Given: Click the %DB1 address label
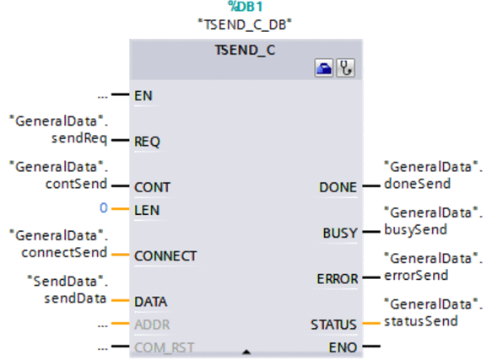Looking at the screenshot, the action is click(x=246, y=7).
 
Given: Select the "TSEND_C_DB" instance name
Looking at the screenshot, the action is click(x=245, y=24).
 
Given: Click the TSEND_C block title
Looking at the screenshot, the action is click(x=245, y=51).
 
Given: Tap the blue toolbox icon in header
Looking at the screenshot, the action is click(x=324, y=67).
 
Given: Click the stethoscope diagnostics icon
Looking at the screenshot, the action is click(x=345, y=67).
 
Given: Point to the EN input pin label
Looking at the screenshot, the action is click(x=143, y=95).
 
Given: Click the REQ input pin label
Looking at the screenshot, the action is click(x=147, y=142).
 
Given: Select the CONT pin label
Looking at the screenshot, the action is click(x=152, y=187).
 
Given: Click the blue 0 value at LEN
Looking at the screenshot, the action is click(x=104, y=208).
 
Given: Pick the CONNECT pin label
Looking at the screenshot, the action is click(x=165, y=256).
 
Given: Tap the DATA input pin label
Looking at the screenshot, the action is click(x=150, y=302).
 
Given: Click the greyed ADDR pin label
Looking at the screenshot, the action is click(x=152, y=325).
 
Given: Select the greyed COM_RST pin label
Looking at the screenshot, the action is click(x=164, y=347).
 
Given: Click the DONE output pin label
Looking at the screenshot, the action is click(x=338, y=187).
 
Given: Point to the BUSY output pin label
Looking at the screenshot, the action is click(x=340, y=234).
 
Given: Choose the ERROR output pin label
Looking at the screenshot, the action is click(x=338, y=279).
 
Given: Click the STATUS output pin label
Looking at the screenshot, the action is click(x=333, y=325).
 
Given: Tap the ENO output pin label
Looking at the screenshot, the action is click(x=343, y=347).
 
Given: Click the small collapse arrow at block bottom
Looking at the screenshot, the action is click(x=246, y=352).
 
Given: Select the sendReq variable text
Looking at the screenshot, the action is click(x=79, y=138).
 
